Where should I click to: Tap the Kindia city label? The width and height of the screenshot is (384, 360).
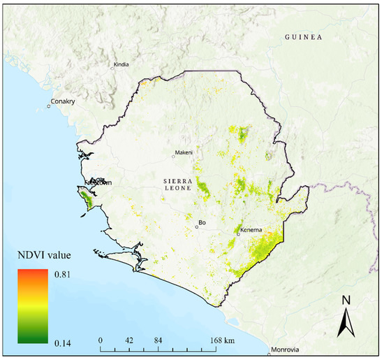point(121,65)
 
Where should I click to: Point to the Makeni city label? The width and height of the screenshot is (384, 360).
point(184,152)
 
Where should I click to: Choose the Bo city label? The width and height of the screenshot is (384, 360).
point(202,223)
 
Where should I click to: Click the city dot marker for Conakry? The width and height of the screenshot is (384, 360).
point(50,106)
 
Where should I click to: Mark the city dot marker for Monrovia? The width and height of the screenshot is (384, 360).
point(269,349)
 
